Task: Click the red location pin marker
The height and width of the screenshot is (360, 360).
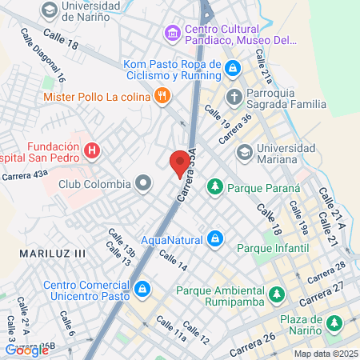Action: pos(180,163)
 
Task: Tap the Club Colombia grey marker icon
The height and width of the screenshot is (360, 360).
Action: pos(144,184)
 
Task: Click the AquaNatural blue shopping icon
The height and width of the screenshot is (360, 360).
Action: pos(215,238)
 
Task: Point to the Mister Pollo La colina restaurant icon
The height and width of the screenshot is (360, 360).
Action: pos(163,96)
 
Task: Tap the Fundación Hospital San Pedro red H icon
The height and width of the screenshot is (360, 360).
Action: pos(93,150)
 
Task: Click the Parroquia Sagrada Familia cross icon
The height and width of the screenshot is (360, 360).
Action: pos(234,97)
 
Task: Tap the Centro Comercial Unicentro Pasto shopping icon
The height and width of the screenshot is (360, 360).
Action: pos(142,288)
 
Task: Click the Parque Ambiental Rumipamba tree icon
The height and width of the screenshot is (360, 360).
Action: pos(276,293)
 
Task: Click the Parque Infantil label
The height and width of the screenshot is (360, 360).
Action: pos(274,248)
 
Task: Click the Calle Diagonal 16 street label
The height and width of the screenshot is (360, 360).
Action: pos(44,57)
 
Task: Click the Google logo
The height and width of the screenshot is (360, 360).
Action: pos(26,350)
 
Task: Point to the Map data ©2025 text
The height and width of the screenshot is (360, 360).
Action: pos(325,354)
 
